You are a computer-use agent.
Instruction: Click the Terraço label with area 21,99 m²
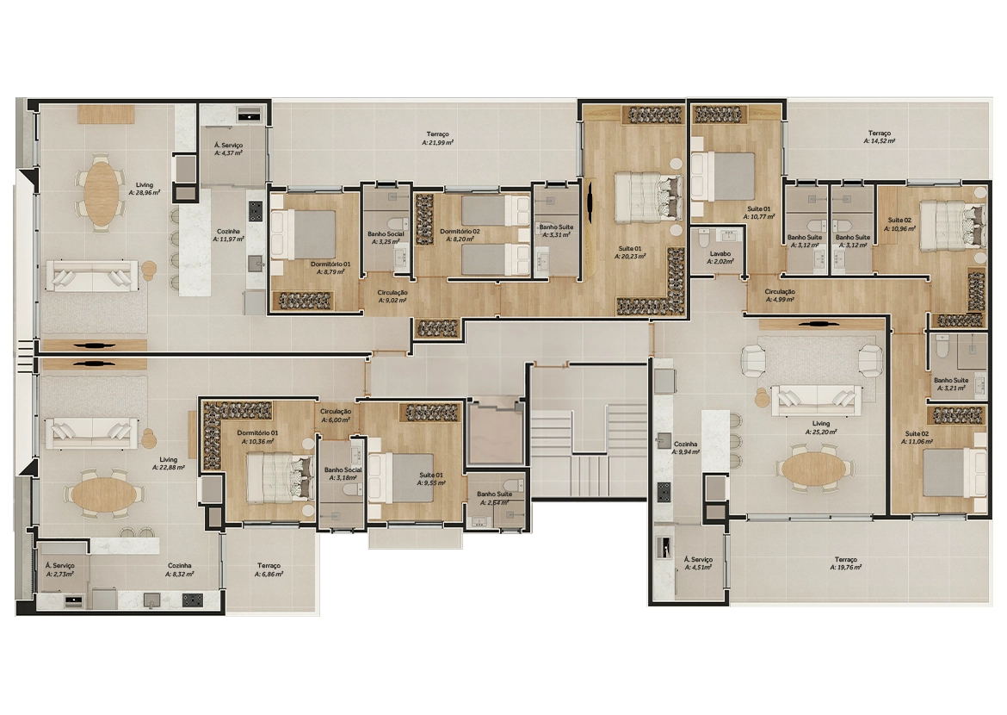[438, 139]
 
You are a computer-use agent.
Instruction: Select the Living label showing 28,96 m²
[144, 189]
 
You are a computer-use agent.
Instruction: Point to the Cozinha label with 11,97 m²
[228, 235]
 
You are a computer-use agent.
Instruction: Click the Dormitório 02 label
[460, 236]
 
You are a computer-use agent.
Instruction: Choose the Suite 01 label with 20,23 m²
[631, 252]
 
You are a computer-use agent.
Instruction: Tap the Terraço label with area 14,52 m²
[879, 139]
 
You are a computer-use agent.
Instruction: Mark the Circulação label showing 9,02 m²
[392, 296]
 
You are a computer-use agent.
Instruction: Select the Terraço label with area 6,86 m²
[269, 569]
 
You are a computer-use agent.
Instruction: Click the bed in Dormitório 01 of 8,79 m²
[304, 233]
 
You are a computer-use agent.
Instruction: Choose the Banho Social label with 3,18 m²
[343, 475]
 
